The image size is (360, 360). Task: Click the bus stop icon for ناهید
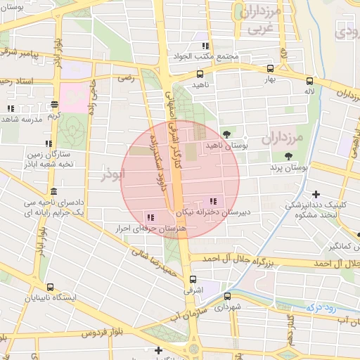[x=200, y=73]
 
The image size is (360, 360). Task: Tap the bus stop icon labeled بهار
[x=271, y=69]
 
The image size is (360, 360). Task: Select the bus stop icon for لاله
[x=309, y=81]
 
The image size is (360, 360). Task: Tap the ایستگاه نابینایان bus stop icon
[x=49, y=287]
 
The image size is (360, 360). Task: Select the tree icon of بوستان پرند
[x=288, y=156]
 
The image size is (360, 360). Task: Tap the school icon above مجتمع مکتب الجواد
[x=205, y=46]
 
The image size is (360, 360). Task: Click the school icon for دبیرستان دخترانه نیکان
[x=213, y=202]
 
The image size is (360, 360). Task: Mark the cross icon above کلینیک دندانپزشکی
[x=316, y=194]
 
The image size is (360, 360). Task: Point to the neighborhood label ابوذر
[x=112, y=174]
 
